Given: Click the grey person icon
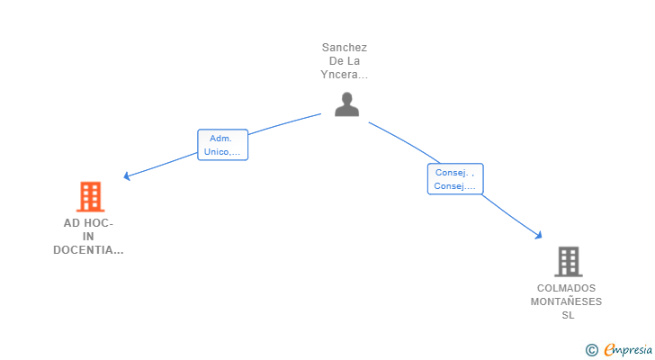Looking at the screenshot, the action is (x=346, y=104).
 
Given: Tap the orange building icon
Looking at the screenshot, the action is (x=90, y=197).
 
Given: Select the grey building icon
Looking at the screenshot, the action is (x=569, y=262).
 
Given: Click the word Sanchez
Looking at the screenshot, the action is (x=345, y=48).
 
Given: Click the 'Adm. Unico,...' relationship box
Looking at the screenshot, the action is (x=222, y=145).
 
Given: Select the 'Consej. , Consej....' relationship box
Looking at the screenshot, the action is (x=455, y=179).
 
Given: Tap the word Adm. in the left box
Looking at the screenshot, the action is (x=220, y=139).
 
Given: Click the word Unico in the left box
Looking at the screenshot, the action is (x=216, y=151).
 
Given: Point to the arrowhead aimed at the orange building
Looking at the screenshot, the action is (x=127, y=176).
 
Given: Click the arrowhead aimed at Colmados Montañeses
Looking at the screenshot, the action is (x=538, y=236).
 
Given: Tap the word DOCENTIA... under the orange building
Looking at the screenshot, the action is (x=88, y=250).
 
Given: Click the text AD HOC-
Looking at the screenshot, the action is (x=88, y=223).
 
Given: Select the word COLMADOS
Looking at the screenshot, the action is (x=566, y=288).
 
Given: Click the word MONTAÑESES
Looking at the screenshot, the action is (x=566, y=301).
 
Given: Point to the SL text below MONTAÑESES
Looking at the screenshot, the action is (x=568, y=315).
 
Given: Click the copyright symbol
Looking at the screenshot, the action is (x=591, y=350).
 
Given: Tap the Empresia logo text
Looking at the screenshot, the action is (x=628, y=349).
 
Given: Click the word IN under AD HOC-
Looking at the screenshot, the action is (x=88, y=237).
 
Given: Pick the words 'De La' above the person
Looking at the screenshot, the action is (x=345, y=61).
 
